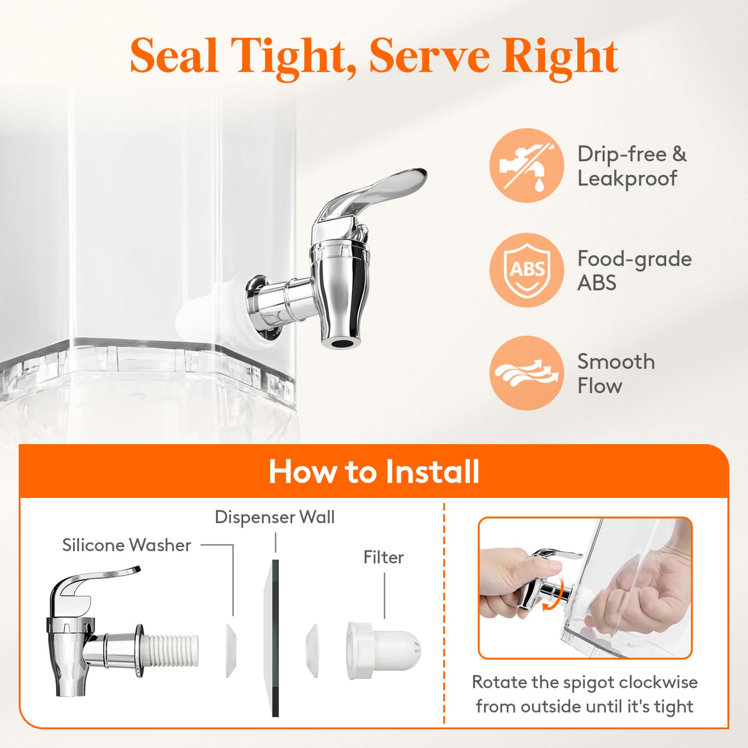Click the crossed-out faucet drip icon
[527, 166]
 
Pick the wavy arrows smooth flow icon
[527, 373]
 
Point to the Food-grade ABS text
[634, 270]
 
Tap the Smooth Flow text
[616, 373]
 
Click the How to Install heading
[374, 472]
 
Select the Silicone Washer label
[127, 545]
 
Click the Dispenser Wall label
[275, 517]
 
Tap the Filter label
[384, 557]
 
